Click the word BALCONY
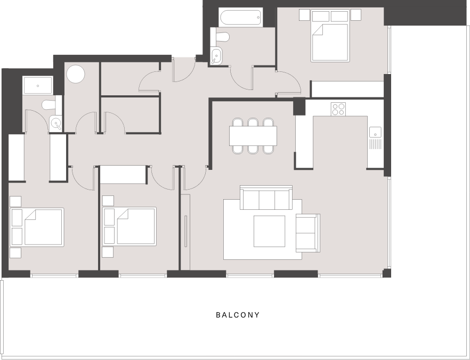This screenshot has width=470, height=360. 238,315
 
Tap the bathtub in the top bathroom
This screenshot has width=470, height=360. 240,18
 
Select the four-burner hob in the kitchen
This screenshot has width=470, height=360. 338,109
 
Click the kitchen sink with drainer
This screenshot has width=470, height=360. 375,138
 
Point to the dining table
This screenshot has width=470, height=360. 253,136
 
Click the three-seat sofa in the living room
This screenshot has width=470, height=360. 266,198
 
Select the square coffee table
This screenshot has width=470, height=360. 270,231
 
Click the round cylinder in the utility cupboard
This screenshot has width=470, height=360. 76,74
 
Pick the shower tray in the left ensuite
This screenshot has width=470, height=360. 38,85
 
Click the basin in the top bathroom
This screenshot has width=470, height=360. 216,55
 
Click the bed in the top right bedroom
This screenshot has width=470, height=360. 330,36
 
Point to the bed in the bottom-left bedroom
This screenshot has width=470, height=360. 37,227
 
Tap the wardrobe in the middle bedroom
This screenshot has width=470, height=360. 123,174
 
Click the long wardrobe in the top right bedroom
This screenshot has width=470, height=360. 347,89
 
